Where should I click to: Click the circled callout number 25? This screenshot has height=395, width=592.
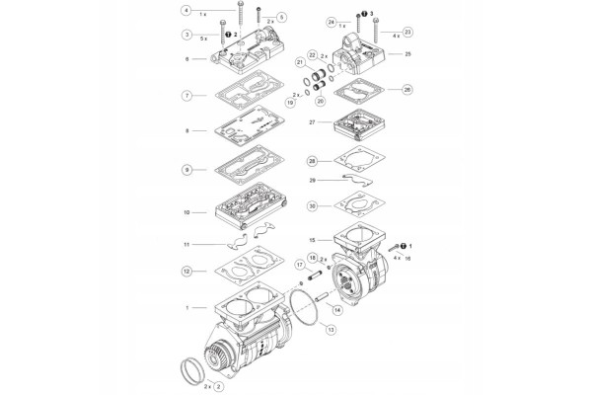407,53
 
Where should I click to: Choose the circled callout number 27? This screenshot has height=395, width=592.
312,122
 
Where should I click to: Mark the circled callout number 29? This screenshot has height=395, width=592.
312,181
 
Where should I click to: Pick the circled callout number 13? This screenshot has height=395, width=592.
331,329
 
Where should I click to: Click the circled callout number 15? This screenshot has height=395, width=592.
312,240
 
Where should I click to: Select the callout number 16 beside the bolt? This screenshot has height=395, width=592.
407,257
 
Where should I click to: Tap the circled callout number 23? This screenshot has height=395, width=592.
407,32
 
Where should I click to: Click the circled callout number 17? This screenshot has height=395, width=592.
299,266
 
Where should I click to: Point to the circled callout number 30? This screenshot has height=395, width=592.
312,206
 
